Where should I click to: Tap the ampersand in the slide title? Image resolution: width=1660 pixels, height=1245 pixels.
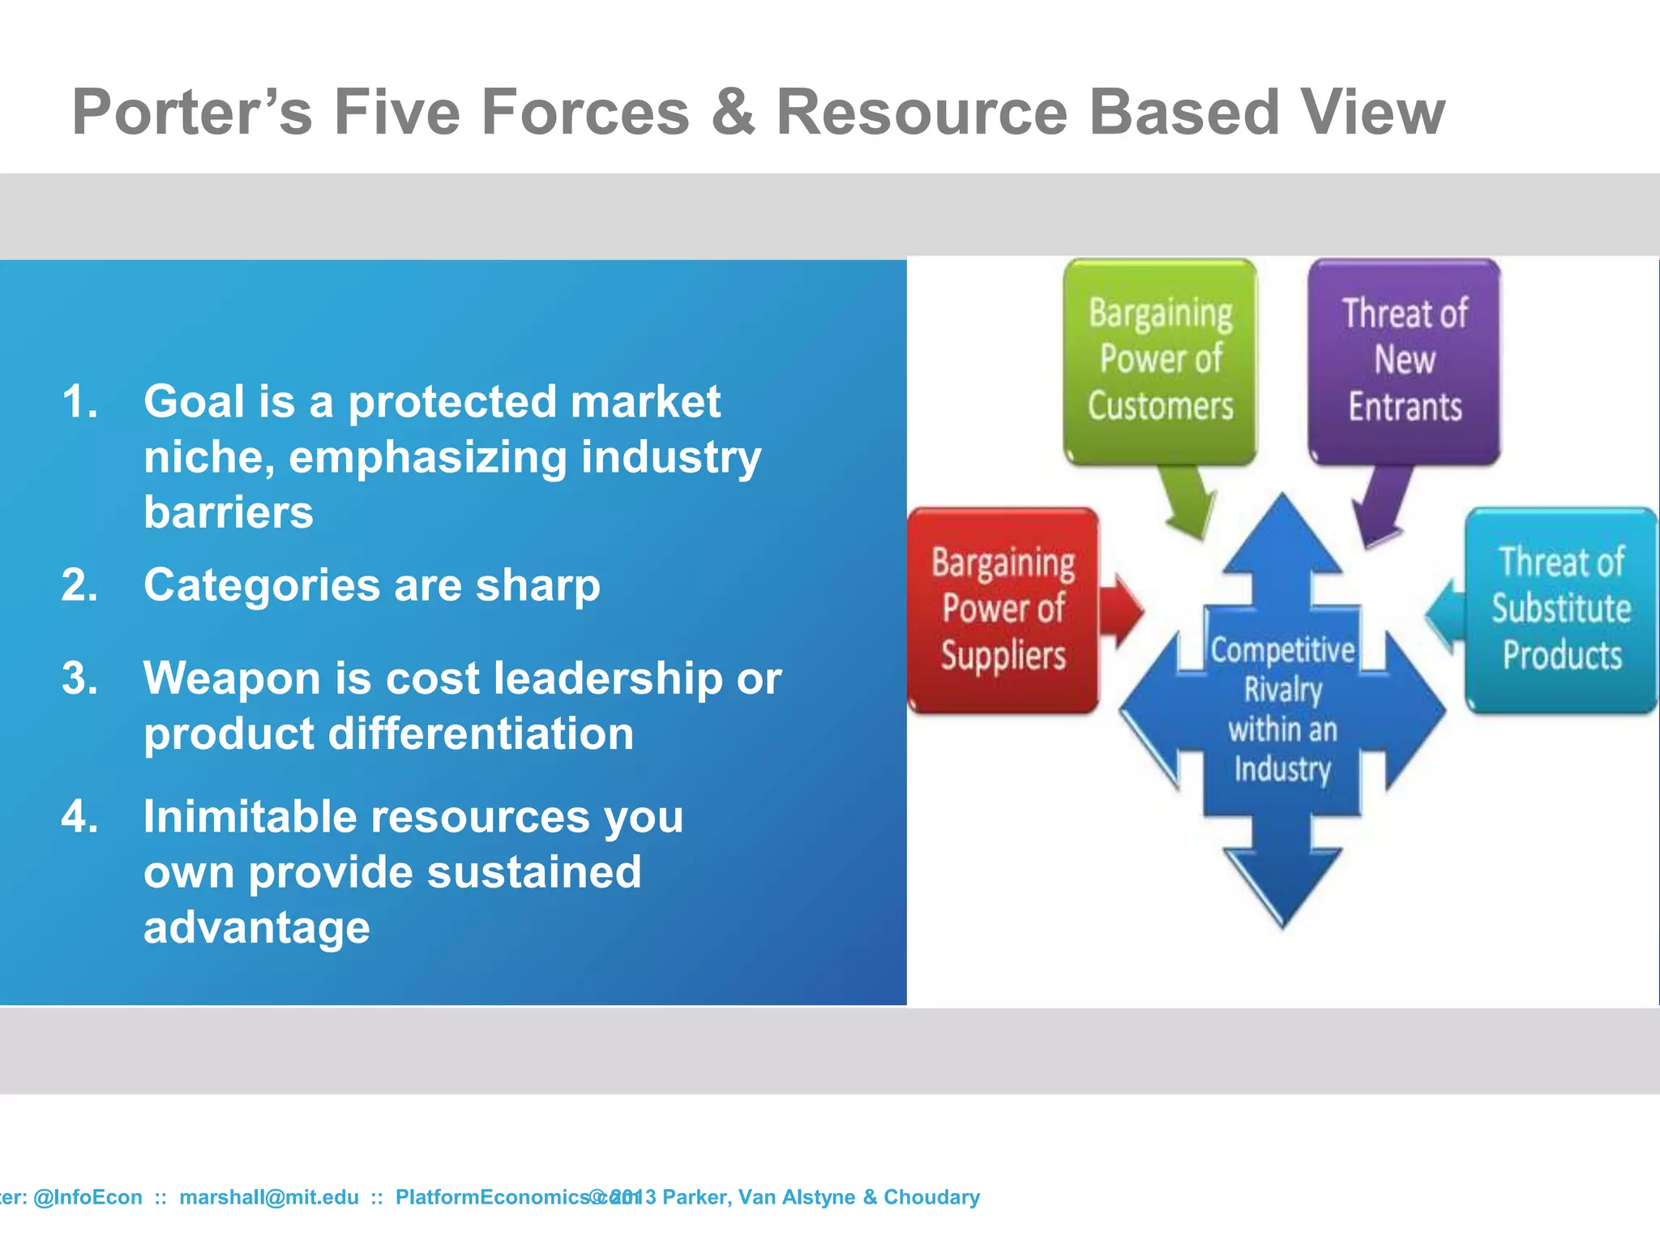(x=732, y=112)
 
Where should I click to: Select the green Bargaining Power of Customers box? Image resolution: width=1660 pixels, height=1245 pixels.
(x=1160, y=361)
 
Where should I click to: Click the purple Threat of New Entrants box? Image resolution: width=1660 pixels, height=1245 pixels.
(x=1404, y=361)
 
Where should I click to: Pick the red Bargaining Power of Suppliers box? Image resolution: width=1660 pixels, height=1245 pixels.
(x=1003, y=610)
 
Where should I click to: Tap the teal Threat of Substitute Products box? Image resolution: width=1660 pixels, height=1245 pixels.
(x=1560, y=610)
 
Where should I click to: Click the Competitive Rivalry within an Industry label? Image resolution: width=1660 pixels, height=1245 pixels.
(x=1282, y=709)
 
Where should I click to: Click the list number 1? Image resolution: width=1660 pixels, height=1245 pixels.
(x=79, y=402)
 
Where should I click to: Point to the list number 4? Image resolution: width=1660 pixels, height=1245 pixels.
(x=79, y=817)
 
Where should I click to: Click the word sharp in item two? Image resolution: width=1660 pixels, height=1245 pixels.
(x=537, y=585)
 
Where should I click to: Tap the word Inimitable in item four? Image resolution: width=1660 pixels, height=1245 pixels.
(x=250, y=817)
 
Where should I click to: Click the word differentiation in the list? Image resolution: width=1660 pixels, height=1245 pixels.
(x=480, y=734)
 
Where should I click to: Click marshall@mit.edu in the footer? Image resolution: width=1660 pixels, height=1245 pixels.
(x=268, y=1197)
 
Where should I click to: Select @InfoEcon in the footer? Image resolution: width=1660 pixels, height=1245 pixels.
(x=88, y=1197)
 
